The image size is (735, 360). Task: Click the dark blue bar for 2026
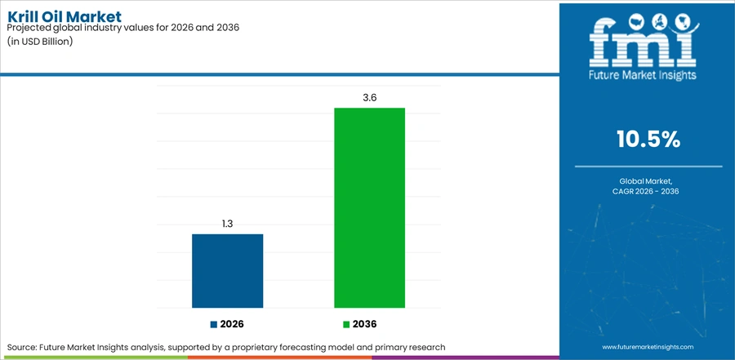tap(227, 271)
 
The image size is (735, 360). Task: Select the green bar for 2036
tap(369, 207)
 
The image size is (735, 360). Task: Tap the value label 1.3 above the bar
tap(227, 224)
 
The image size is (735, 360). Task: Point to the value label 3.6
tap(369, 98)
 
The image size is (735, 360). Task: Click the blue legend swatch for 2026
tap(214, 324)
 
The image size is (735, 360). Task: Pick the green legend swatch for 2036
tap(346, 324)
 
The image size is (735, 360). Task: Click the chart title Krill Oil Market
tap(65, 17)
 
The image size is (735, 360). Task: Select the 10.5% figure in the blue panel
tap(648, 140)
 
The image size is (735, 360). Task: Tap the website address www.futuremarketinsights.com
tap(648, 347)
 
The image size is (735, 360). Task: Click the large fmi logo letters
tap(644, 43)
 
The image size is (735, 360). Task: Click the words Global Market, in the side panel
tap(648, 181)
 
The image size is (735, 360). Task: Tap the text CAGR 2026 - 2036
tap(648, 191)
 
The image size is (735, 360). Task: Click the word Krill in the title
tap(21, 17)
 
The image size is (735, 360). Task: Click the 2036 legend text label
tap(365, 324)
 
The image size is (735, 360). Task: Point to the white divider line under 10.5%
tap(648, 166)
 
